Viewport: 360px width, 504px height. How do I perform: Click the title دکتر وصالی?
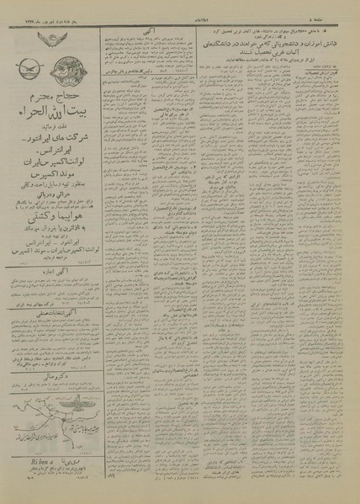click(52, 391)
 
